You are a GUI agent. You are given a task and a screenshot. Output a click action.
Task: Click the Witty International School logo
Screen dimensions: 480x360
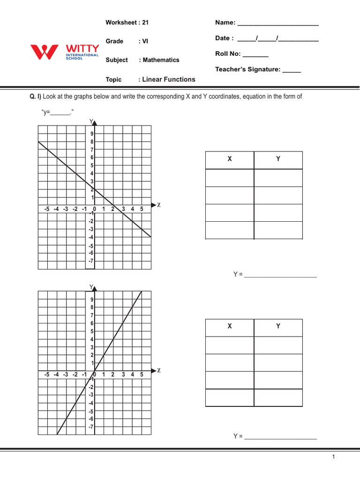click(x=64, y=52)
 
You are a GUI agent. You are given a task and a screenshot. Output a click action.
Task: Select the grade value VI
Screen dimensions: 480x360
click(x=145, y=41)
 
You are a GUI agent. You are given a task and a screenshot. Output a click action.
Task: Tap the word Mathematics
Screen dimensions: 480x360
click(x=161, y=60)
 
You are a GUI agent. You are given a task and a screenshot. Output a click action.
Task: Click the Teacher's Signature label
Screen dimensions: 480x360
click(x=247, y=69)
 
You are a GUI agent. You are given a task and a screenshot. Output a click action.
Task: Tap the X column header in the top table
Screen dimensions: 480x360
click(x=230, y=159)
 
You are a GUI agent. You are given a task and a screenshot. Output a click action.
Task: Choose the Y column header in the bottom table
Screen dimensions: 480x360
click(x=278, y=327)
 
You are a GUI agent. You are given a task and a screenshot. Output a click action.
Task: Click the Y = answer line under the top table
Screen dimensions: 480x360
click(x=280, y=275)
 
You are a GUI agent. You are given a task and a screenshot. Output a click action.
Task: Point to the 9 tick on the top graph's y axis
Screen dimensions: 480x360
click(x=92, y=134)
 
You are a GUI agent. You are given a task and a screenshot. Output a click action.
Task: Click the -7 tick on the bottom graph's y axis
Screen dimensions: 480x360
click(x=91, y=427)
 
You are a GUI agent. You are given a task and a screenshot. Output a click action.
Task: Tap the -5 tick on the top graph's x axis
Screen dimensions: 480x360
click(x=46, y=209)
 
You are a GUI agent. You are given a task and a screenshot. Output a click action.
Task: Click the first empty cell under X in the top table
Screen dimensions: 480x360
click(x=230, y=178)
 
